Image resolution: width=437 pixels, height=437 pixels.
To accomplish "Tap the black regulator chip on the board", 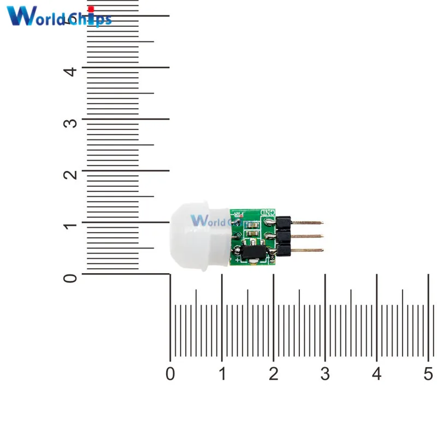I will (253, 252).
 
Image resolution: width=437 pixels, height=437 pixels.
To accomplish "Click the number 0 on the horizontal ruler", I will (170, 374).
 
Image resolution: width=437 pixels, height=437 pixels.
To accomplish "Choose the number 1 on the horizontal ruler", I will (222, 374).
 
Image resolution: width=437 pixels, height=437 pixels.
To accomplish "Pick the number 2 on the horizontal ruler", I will (274, 374).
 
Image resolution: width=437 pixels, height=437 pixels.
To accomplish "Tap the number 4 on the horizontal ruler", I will (377, 374).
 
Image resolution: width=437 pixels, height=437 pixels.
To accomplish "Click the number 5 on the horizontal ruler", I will (428, 374).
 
